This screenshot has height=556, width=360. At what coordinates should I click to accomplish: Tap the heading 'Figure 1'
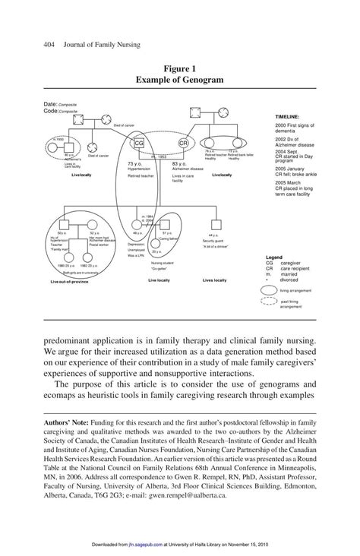coord(179,68)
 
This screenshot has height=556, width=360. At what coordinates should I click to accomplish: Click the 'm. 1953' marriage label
coord(159,156)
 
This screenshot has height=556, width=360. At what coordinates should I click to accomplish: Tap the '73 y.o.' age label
coord(134,163)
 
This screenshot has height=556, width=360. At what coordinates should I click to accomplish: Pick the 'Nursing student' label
coord(158,262)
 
